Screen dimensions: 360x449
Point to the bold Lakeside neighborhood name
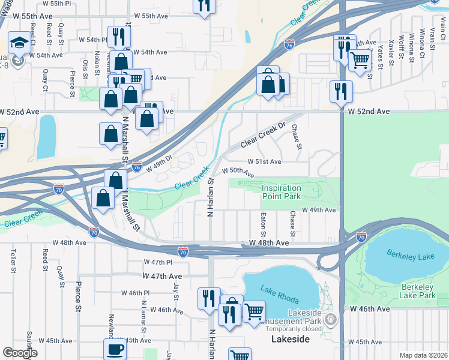coord(291,340)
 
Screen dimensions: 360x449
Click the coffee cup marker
coord(115,350)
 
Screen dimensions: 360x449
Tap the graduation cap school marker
coord(19,44)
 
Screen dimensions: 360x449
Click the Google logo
coord(20,353)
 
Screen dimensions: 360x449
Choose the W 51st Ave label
coord(265,162)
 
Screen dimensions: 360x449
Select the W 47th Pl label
coord(158,263)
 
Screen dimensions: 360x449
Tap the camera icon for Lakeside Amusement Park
coord(328,321)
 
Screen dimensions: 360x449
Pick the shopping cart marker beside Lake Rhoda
coord(254,312)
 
